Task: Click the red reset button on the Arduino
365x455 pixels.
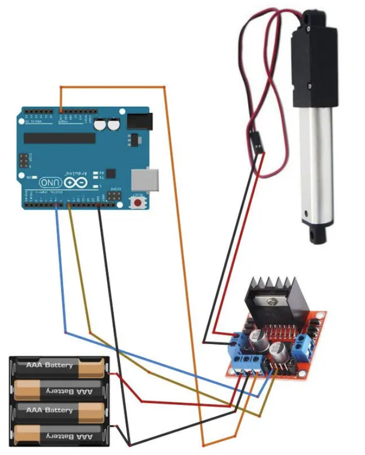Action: pyautogui.click(x=139, y=203)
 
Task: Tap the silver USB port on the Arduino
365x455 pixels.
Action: pyautogui.click(x=146, y=178)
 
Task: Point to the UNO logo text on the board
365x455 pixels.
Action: pyautogui.click(x=50, y=181)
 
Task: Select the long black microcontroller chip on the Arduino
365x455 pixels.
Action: pyautogui.click(x=59, y=138)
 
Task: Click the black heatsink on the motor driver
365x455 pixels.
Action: pyautogui.click(x=275, y=294)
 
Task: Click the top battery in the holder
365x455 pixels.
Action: pyautogui.click(x=59, y=365)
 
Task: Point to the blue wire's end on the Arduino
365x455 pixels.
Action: pyautogui.click(x=57, y=205)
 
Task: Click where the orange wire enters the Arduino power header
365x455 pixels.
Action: pyautogui.click(x=61, y=112)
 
